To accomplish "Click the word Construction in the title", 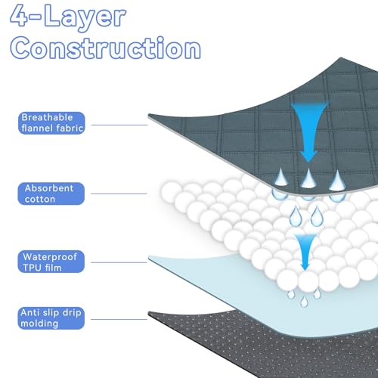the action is [105, 48].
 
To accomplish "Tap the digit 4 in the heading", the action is [19, 15].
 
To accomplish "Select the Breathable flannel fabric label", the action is [51, 123].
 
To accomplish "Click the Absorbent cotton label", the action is [51, 194].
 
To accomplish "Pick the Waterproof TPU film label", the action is [51, 262].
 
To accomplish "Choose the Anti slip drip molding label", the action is [51, 318].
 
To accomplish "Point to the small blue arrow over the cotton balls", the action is [305, 252].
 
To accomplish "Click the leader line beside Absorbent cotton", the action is [119, 194].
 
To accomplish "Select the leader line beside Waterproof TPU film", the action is [119, 262].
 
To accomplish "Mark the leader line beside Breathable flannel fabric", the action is [119, 125].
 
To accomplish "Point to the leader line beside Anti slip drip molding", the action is [119, 319].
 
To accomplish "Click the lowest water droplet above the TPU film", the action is [304, 302].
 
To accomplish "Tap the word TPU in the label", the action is [32, 268].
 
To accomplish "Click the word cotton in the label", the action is [40, 199].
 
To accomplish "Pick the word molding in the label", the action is [39, 324].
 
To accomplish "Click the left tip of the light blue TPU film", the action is [149, 257].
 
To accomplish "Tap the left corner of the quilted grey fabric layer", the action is [148, 116].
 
